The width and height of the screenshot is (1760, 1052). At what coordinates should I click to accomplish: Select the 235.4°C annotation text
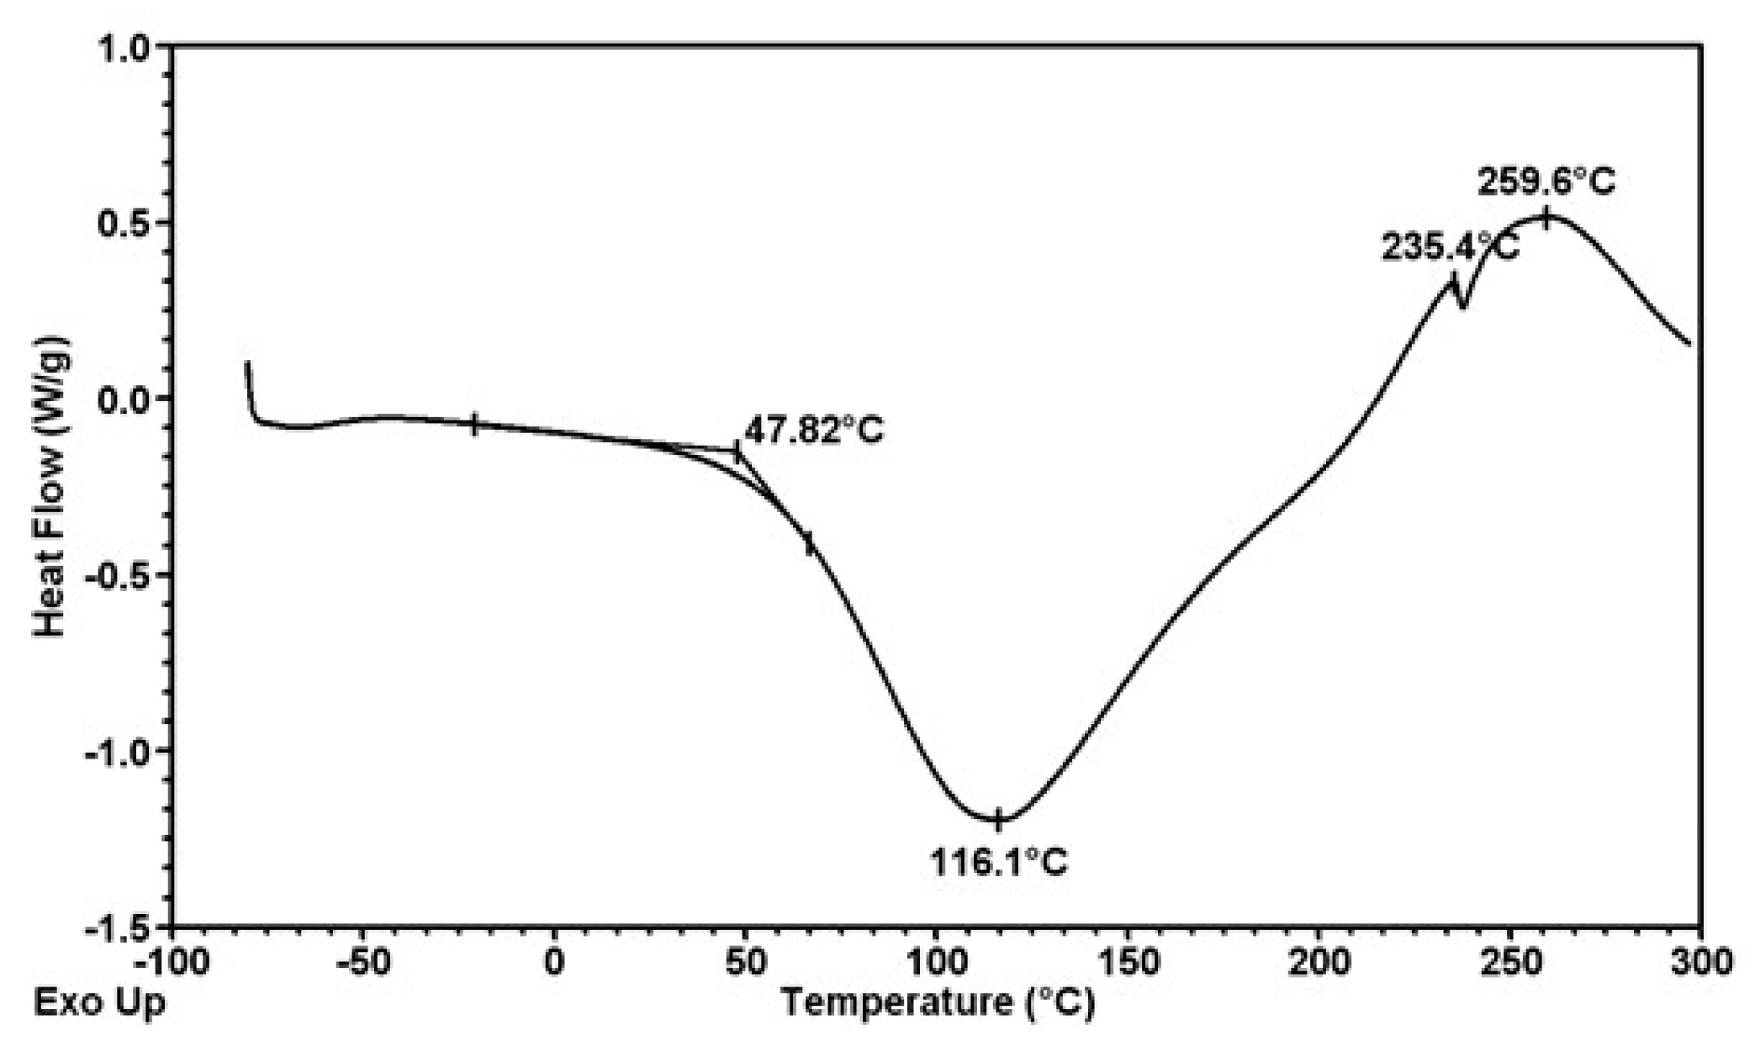tap(1451, 248)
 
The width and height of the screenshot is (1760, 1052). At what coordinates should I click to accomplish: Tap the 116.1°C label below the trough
tap(998, 862)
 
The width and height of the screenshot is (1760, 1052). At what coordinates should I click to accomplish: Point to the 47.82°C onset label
tap(814, 431)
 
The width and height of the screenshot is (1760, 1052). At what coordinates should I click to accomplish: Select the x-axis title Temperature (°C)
tap(938, 1002)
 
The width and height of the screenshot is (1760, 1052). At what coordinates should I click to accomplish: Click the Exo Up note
tap(99, 1002)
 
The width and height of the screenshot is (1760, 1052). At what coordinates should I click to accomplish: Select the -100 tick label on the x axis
tap(171, 962)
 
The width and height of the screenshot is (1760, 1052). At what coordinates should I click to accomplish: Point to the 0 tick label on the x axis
tap(553, 962)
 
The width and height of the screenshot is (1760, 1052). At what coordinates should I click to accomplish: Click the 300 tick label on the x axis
tap(1701, 962)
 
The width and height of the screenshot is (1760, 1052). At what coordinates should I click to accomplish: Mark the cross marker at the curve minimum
tap(998, 819)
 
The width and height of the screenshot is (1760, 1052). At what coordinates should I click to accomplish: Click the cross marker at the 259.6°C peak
tap(1546, 218)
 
